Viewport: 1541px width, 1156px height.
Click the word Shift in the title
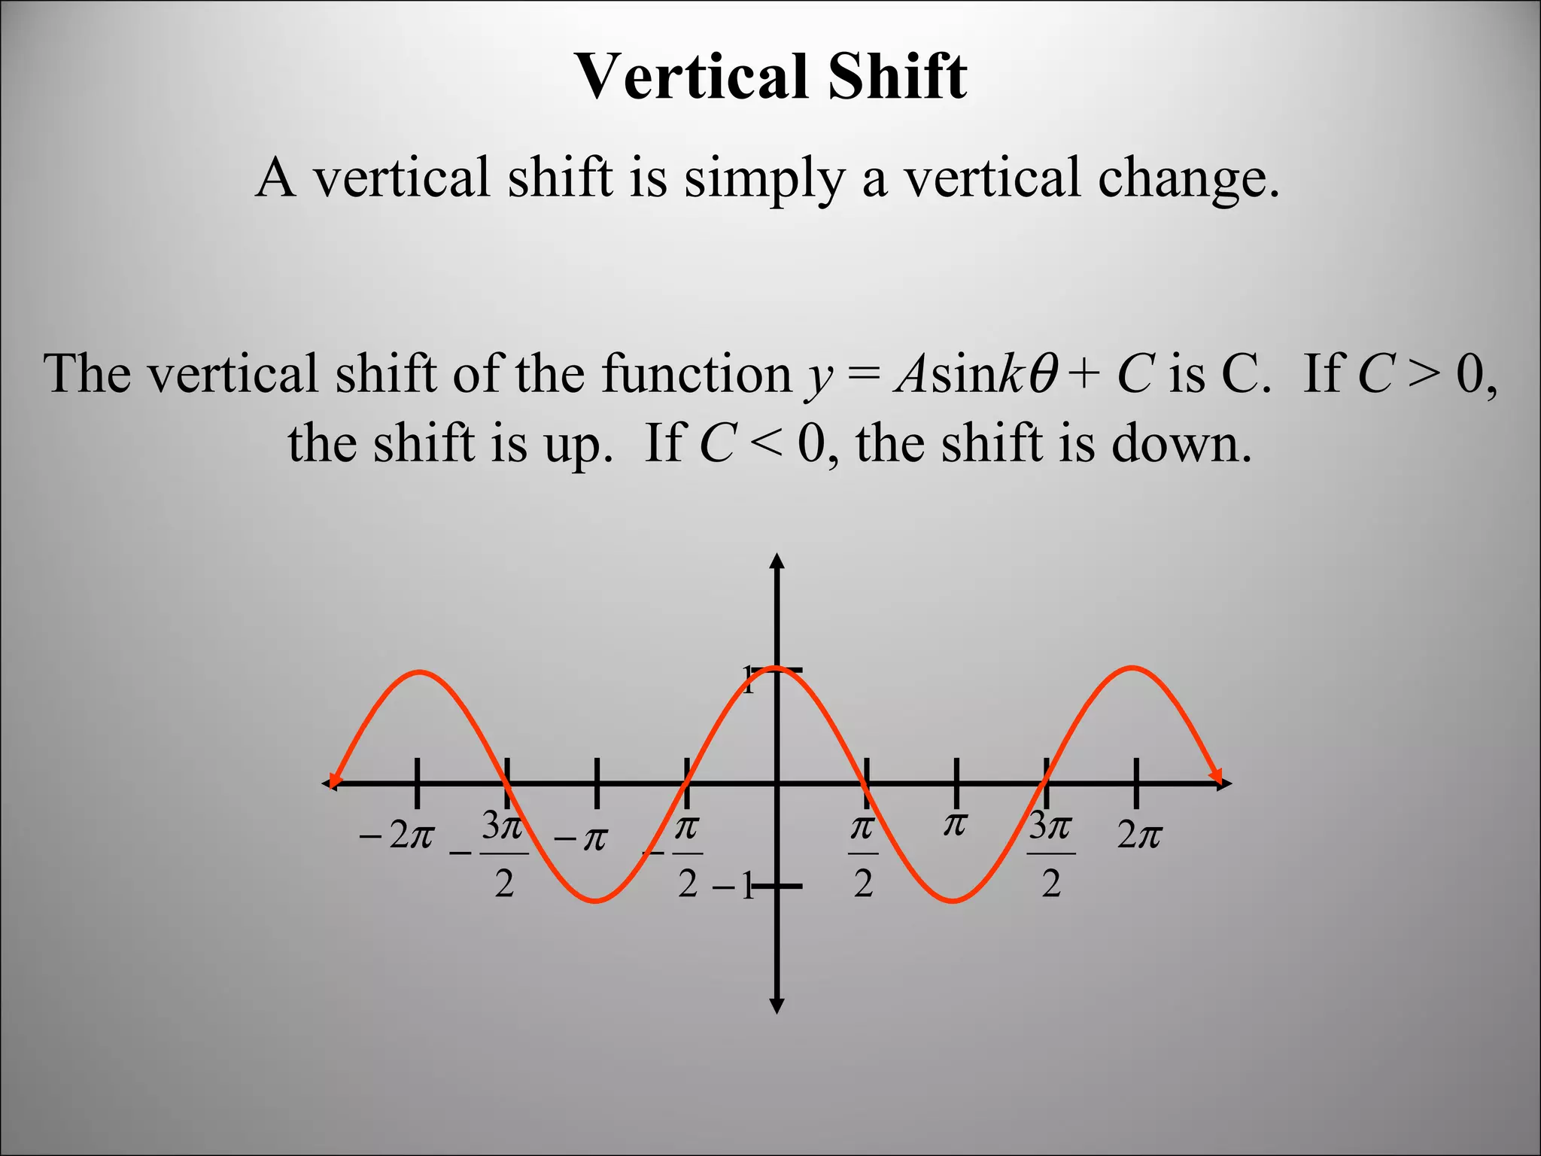coord(897,77)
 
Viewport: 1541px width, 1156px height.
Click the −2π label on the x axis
coord(397,835)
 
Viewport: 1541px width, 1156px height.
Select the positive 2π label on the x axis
coord(1139,835)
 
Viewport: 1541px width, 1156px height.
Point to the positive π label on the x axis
coord(955,825)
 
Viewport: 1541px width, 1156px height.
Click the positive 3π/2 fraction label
coord(1051,854)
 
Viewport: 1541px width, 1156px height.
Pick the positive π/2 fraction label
coord(863,854)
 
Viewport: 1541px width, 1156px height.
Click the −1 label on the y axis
coord(734,887)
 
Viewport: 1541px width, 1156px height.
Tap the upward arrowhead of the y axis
coord(777,561)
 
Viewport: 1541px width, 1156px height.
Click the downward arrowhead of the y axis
coord(777,1006)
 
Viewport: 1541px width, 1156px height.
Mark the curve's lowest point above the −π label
coord(596,900)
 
